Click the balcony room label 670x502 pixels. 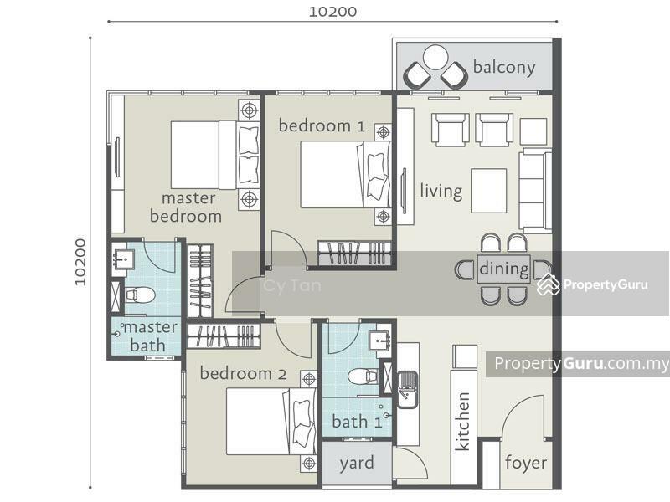(x=504, y=68)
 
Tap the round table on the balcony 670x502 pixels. (x=435, y=57)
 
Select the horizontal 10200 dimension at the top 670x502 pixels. (x=332, y=12)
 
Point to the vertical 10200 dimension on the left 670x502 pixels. (x=80, y=262)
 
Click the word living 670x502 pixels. (x=441, y=191)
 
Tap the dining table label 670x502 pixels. (x=504, y=269)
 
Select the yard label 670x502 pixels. (x=357, y=464)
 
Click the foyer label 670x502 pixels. (x=526, y=463)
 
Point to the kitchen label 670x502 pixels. (x=462, y=422)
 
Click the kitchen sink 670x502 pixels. (x=408, y=390)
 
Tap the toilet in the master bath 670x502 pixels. (x=140, y=295)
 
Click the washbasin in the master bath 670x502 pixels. (x=123, y=259)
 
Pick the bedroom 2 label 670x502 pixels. (x=243, y=373)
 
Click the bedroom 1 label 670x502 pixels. (x=322, y=126)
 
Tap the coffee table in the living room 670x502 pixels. (x=489, y=191)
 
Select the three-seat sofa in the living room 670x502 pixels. (x=536, y=191)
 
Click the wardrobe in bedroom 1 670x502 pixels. (x=354, y=254)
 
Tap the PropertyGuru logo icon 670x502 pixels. (x=549, y=284)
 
